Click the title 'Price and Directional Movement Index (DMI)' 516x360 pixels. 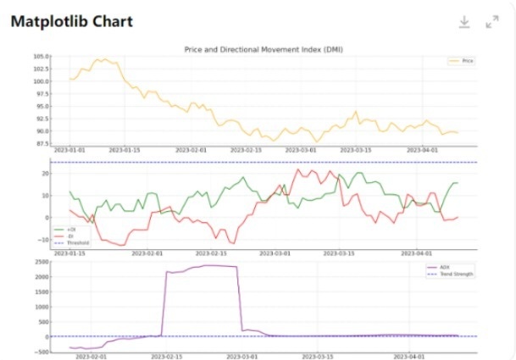pyautogui.click(x=264, y=49)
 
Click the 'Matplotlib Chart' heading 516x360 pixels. pyautogui.click(x=72, y=21)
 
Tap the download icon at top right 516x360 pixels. pyautogui.click(x=464, y=22)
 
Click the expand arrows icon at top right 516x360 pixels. pyautogui.click(x=492, y=22)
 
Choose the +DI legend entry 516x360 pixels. pyautogui.click(x=68, y=229)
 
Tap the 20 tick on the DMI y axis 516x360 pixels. pyautogui.click(x=45, y=173)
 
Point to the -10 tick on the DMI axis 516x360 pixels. pyautogui.click(x=43, y=240)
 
